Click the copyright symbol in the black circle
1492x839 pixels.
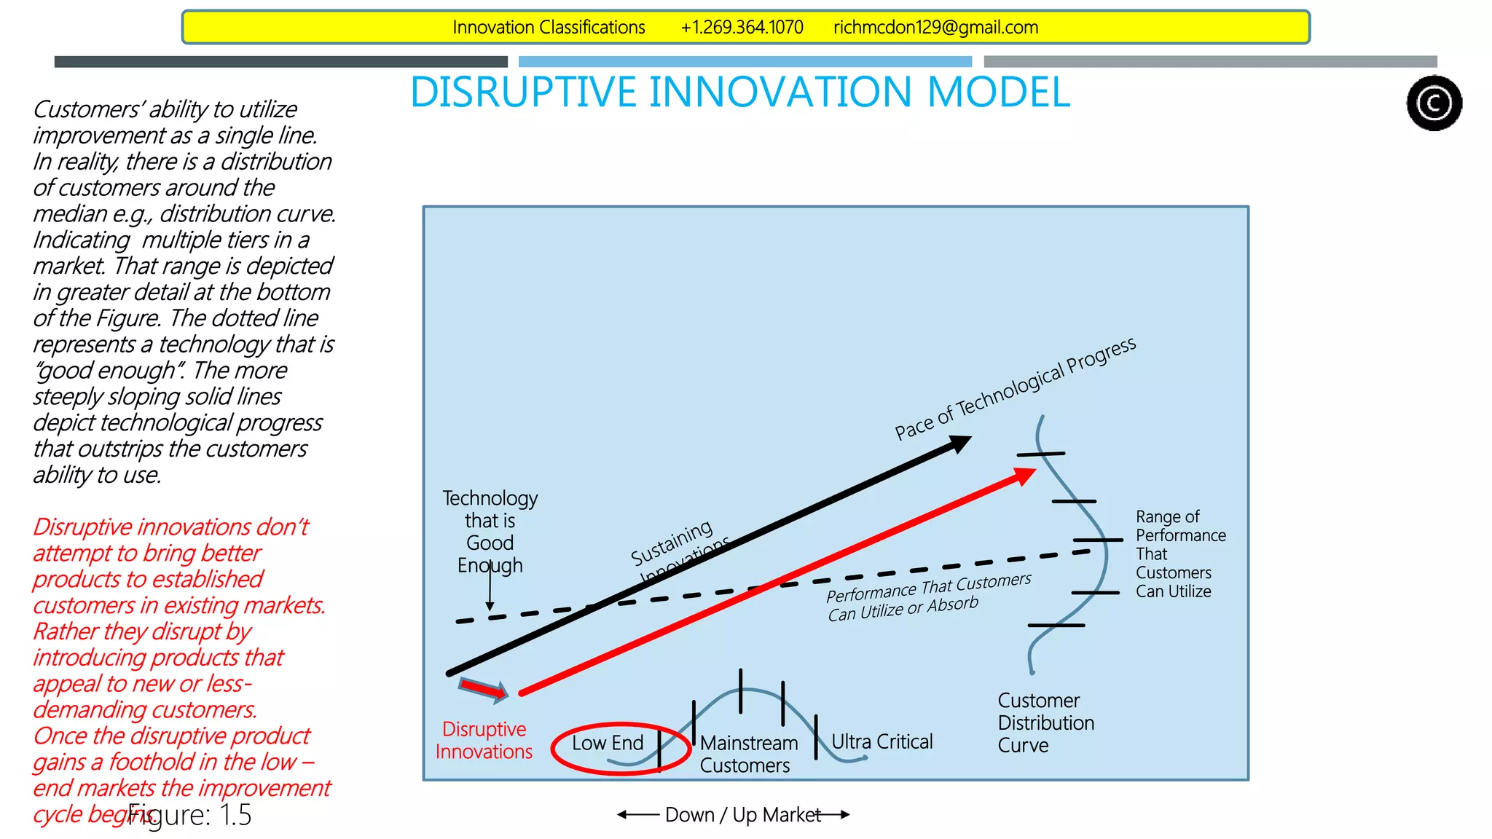click(x=1434, y=103)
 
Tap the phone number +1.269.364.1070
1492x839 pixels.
click(x=742, y=28)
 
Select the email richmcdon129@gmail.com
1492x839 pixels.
click(x=935, y=28)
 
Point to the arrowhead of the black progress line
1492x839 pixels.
click(x=961, y=442)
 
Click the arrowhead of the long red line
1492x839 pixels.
click(x=1025, y=476)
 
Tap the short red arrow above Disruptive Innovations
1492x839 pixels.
click(x=484, y=689)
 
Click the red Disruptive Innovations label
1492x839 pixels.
click(x=484, y=740)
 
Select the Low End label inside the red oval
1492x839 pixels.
click(x=608, y=743)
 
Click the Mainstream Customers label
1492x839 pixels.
click(x=747, y=754)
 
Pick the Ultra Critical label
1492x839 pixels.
click(x=882, y=741)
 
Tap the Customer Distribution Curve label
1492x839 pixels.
click(x=1045, y=722)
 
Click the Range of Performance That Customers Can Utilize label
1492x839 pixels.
click(x=1180, y=554)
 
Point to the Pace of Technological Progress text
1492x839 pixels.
click(x=1015, y=389)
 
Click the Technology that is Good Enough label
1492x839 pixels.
click(x=490, y=532)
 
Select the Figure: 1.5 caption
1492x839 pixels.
click(x=190, y=815)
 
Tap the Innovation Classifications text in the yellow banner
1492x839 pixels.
click(x=549, y=28)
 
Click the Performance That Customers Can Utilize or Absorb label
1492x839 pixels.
click(x=928, y=596)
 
